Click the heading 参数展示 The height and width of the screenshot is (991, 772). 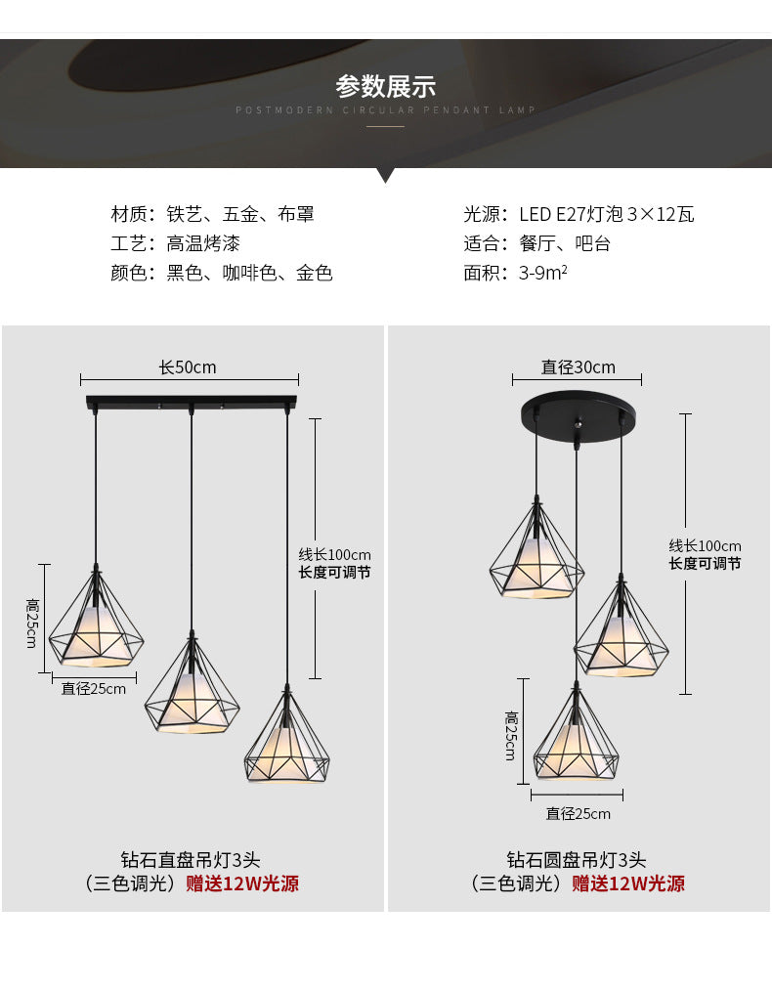point(385,86)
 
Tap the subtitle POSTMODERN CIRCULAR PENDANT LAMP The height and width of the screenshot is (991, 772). point(385,110)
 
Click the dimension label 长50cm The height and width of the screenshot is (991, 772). point(188,367)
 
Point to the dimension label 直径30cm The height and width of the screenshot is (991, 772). point(579,367)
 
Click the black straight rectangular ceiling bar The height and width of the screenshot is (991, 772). point(191,401)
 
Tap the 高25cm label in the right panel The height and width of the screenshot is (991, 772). point(510,736)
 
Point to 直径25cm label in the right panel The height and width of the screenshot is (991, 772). point(579,814)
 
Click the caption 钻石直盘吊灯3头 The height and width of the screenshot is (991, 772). point(191,860)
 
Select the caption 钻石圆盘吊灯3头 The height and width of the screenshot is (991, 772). point(577,860)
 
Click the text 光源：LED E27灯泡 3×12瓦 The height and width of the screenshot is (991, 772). point(579,215)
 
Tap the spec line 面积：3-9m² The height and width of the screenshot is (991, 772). point(515,273)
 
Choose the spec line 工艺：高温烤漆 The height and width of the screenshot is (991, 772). point(175,244)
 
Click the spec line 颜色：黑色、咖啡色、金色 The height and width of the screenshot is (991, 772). point(221,273)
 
